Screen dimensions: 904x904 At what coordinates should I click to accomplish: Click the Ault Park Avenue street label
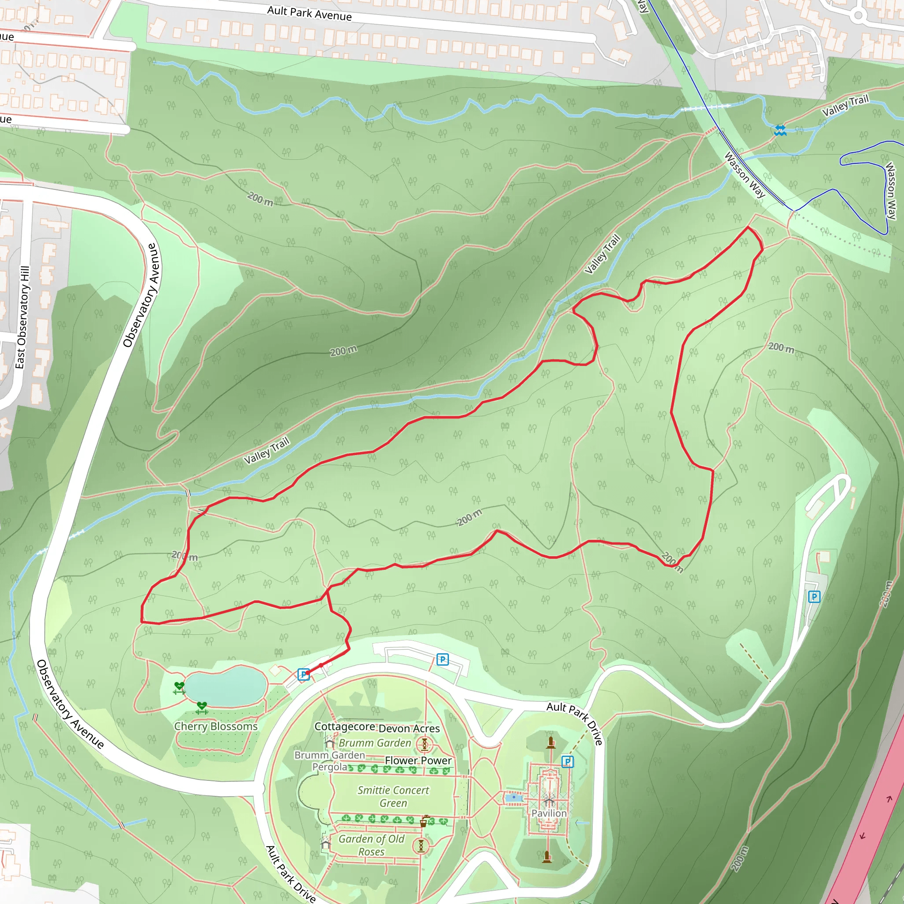(x=309, y=13)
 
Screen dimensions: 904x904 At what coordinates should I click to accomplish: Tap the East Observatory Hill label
(x=22, y=317)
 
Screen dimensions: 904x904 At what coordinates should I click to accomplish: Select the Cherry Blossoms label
(x=216, y=726)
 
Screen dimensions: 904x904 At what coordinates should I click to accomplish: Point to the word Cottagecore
(x=344, y=726)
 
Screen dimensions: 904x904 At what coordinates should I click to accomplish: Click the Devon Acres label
(x=409, y=728)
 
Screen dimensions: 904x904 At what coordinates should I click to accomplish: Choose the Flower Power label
(x=418, y=761)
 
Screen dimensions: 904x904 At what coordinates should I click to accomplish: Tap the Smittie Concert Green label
(x=393, y=796)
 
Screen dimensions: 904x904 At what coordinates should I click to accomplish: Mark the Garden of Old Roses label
(x=372, y=845)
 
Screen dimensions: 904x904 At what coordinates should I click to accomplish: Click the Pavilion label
(x=549, y=813)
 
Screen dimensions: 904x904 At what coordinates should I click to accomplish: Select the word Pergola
(x=330, y=767)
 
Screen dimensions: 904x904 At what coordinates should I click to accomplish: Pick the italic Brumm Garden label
(x=375, y=743)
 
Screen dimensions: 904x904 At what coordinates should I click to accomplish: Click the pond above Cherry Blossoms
(x=226, y=686)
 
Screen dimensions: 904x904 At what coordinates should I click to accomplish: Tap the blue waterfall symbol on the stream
(x=780, y=130)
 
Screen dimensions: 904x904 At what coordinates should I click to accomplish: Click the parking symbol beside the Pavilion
(x=567, y=762)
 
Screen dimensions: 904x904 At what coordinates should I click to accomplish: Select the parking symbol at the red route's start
(x=304, y=674)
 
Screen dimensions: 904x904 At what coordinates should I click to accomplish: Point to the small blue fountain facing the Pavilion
(x=514, y=797)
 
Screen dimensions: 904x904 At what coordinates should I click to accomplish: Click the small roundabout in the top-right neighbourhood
(x=858, y=15)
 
